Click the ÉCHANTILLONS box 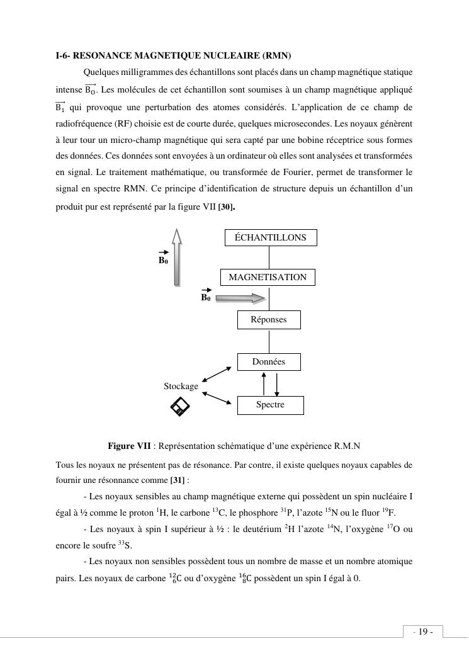pos(271,237)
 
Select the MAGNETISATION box pos(268,277)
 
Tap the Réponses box pos(269,319)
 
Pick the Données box pos(269,361)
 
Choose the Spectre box pos(270,405)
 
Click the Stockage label pos(181,386)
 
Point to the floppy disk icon pos(180,407)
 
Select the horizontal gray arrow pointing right pos(241,297)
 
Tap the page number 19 pos(422,632)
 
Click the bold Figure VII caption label pos(129,446)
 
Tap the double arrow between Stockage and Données pos(217,374)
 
